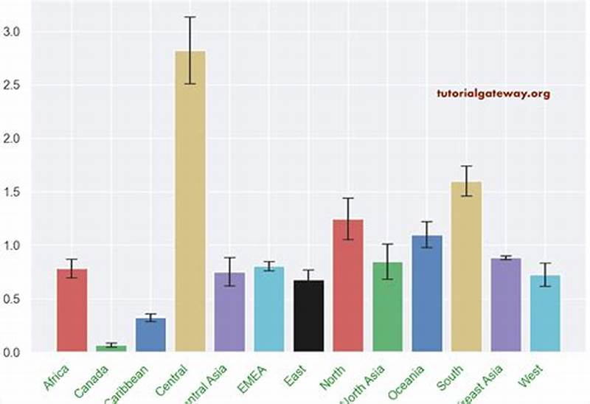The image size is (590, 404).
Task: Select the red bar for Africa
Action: point(72,310)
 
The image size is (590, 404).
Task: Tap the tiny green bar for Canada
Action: point(111,348)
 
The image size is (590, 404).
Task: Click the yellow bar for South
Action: point(466,266)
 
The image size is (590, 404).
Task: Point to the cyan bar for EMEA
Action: point(269,309)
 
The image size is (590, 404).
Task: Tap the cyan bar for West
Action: point(545,313)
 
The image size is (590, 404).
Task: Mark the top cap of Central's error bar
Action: point(190,17)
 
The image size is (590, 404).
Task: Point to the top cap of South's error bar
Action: point(466,166)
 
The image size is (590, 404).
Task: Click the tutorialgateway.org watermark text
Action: point(493,94)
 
